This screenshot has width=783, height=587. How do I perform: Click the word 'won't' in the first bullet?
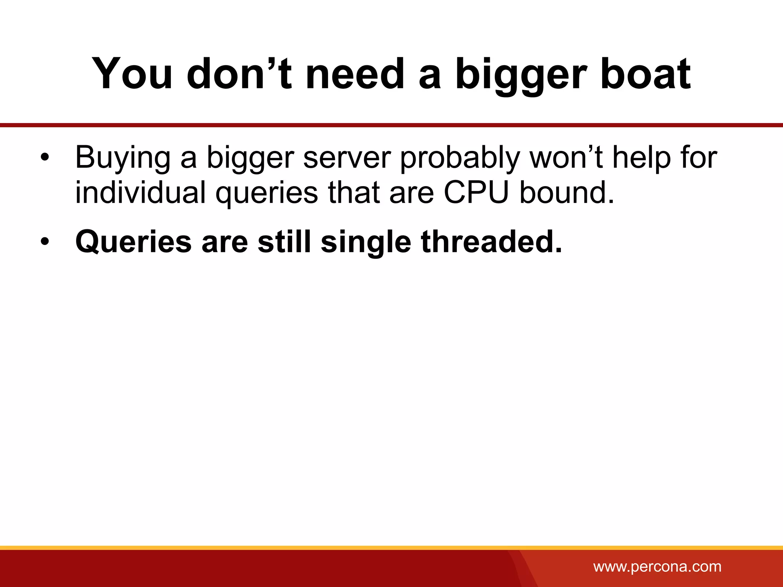tap(566, 157)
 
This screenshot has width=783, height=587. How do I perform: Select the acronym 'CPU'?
tap(476, 192)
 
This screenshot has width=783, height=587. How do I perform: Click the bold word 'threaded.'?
tap(492, 242)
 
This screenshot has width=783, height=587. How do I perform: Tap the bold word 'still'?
tap(284, 242)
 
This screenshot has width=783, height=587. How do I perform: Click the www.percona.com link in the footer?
tap(657, 566)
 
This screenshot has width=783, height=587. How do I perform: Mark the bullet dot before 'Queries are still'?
tap(45, 242)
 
